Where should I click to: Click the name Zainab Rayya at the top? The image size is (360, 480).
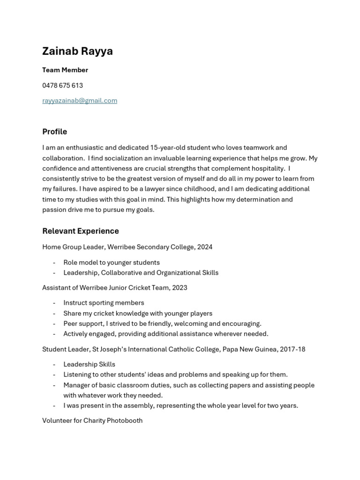[77, 51]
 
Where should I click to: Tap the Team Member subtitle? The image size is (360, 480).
[65, 70]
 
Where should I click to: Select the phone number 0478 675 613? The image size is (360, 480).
[62, 85]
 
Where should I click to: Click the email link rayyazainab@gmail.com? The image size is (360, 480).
[80, 100]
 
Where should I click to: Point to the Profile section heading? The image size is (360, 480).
[54, 132]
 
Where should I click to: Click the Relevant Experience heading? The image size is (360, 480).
[80, 231]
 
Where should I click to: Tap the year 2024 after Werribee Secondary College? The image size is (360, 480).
[205, 247]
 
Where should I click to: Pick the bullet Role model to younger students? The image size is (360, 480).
[112, 262]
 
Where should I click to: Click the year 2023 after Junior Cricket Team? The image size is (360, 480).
[180, 287]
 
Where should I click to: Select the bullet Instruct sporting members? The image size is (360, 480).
[104, 303]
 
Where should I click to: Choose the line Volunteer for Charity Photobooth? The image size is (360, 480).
[92, 420]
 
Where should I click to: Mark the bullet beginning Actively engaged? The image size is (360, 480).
[165, 334]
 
